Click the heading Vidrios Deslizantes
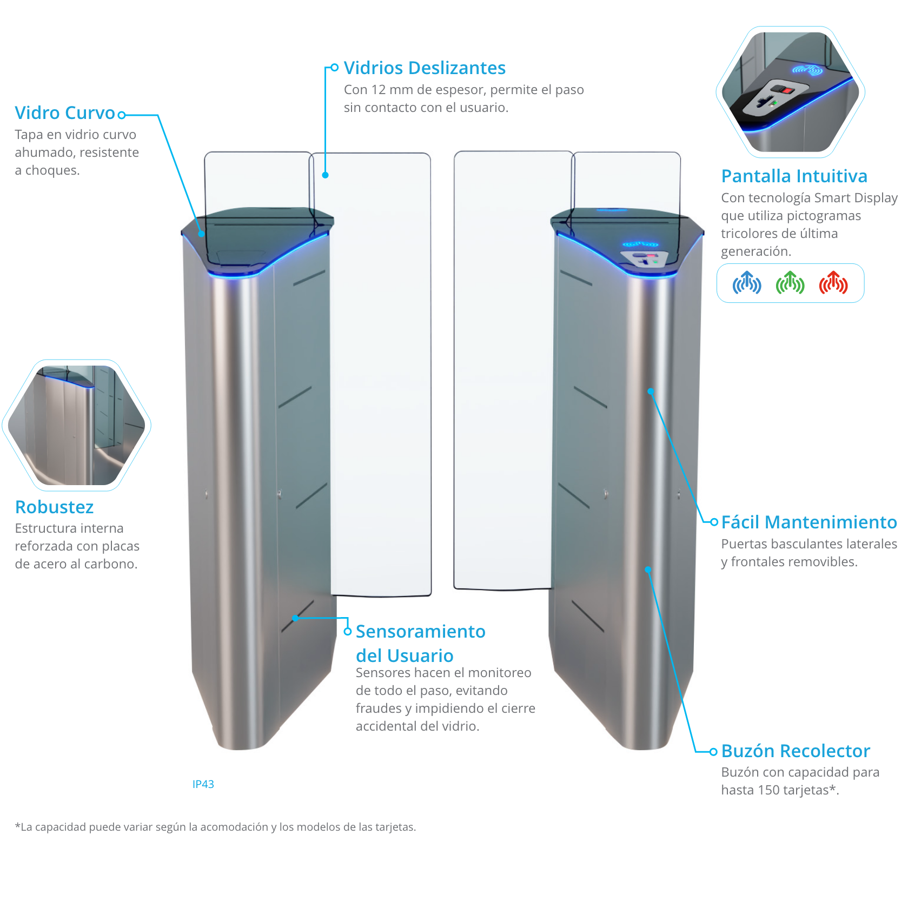pos(425,68)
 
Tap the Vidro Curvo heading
pos(65,113)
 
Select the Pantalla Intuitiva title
pos(794,176)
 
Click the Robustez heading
pos(55,507)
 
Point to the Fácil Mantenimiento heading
pos(809,522)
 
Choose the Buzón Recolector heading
pos(796,751)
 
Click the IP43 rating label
pos(203,784)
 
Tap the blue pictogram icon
pos(747,283)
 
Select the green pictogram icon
pos(790,283)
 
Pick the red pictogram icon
pos(833,283)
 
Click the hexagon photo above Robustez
pos(76,425)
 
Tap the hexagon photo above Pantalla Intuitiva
pos(790,92)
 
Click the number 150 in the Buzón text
pos(768,790)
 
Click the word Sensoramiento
pos(420,632)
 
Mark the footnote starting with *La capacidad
pos(215,827)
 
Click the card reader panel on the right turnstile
pos(645,258)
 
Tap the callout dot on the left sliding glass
pos(325,175)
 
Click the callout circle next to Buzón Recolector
pos(714,751)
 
